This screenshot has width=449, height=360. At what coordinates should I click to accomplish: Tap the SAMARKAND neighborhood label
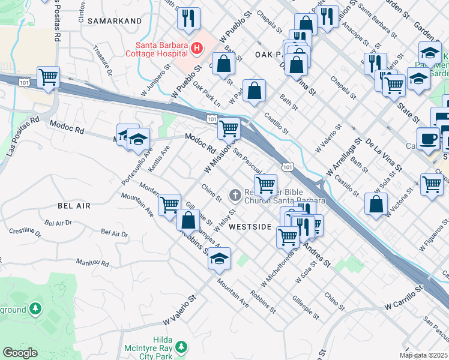tap(115, 20)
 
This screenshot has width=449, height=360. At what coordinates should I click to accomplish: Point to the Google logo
tap(20, 353)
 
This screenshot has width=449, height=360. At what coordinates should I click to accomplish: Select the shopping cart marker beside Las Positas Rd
tap(48, 77)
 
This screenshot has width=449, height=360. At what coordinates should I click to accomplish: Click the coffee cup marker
tap(428, 139)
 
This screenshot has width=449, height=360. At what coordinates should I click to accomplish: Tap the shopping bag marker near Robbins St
tap(188, 220)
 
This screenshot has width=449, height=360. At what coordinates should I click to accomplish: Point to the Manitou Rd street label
tap(92, 263)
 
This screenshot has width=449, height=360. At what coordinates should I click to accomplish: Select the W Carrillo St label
tap(404, 298)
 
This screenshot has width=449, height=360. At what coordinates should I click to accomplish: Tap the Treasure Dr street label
tap(102, 59)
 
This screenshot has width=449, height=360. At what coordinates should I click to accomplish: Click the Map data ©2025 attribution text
tap(423, 355)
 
